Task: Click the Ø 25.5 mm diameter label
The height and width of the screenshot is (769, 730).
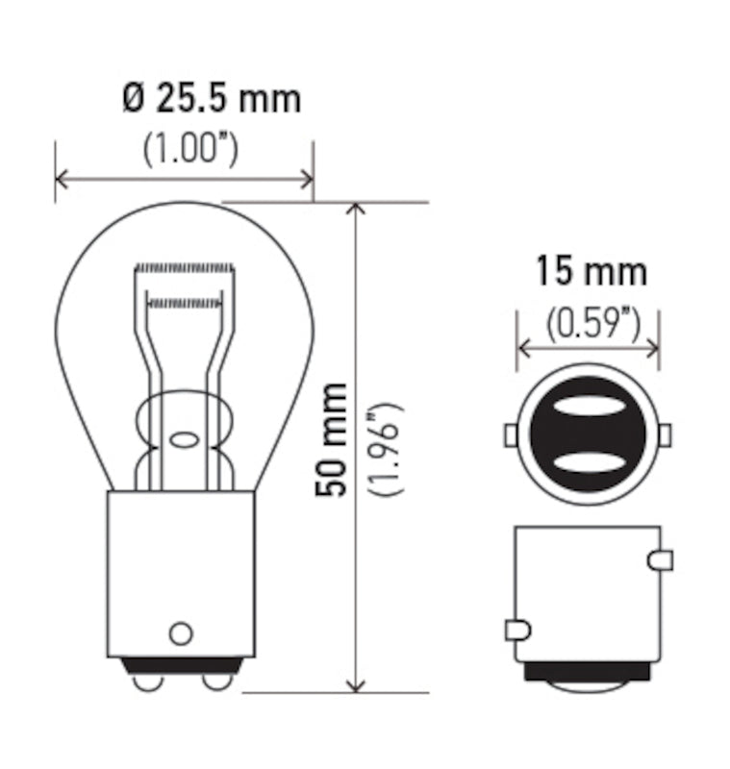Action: pos(212,99)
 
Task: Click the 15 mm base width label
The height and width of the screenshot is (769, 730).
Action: pos(591,272)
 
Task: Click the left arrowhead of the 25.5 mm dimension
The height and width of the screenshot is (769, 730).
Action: pos(63,179)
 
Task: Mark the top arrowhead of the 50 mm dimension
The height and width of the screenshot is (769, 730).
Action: pos(358,211)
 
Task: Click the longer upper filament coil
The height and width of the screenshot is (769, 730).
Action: pos(184,266)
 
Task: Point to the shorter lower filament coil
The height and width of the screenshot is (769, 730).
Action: pos(184,302)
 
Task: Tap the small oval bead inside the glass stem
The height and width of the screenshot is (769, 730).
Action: pos(183,441)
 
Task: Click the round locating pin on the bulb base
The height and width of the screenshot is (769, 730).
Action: pos(180,633)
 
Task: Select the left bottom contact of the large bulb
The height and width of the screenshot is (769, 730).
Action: pos(148,680)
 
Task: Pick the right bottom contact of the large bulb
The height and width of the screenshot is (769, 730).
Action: pos(218,680)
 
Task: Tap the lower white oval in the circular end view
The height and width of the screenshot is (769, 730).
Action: pos(589,463)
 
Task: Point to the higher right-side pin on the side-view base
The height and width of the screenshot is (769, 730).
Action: pos(661,559)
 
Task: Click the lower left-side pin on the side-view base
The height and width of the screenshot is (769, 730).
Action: pos(516,631)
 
